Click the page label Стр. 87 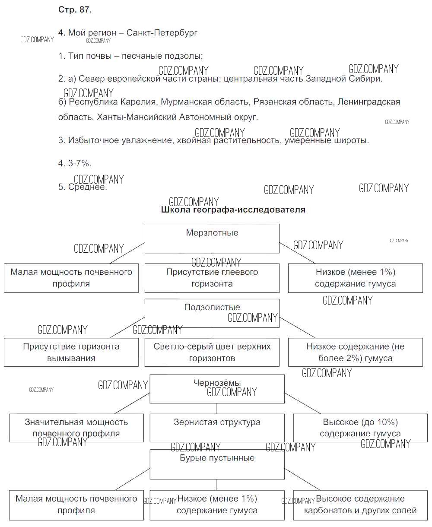point(74,10)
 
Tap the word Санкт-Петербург point(162,33)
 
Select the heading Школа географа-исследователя point(233,210)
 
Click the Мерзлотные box point(212,238)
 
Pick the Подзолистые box point(212,313)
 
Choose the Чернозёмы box point(217,389)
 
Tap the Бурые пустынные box point(217,464)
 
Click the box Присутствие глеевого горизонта point(212,278)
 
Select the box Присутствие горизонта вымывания point(71,352)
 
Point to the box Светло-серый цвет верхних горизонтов point(212,352)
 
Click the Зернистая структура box point(217,428)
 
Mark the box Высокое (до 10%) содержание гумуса point(360,428)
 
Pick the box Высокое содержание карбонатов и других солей point(360,505)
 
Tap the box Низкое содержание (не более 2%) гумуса point(355,352)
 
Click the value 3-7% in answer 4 point(79,164)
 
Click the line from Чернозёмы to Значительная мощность point(132,403)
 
